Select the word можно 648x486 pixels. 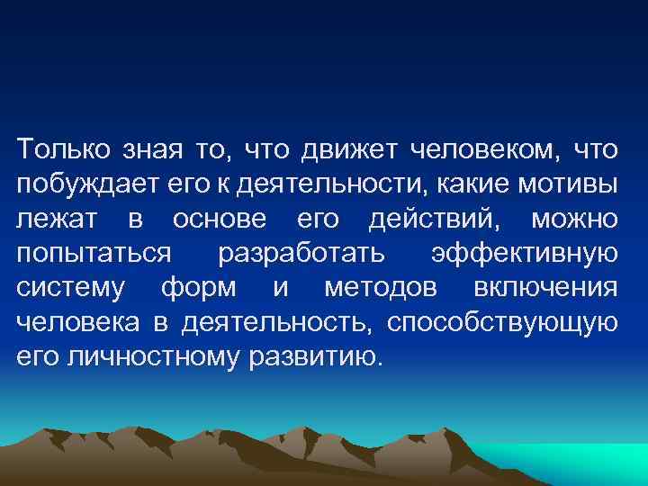tap(573, 219)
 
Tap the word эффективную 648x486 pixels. tap(525, 254)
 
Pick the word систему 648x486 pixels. tap(68, 288)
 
